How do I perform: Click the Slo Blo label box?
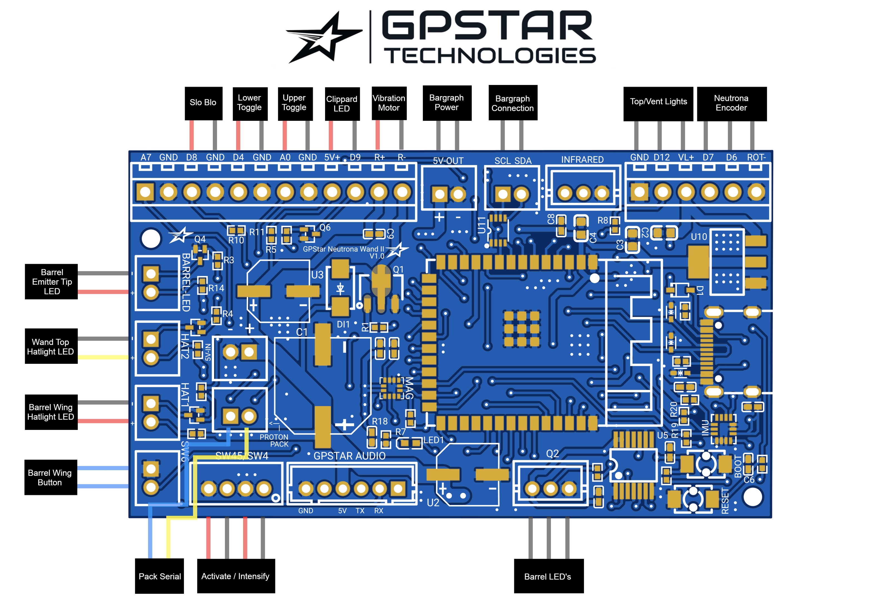[203, 102]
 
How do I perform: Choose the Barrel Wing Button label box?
[51, 477]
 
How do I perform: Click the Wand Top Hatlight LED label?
[51, 346]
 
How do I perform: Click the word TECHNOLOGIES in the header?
[490, 56]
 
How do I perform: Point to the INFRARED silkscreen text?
[582, 160]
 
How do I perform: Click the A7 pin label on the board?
[146, 157]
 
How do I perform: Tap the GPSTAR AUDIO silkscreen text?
[349, 456]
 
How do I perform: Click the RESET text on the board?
[725, 501]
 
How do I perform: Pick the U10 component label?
[698, 237]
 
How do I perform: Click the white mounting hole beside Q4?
[151, 239]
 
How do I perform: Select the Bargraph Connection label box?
[513, 103]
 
